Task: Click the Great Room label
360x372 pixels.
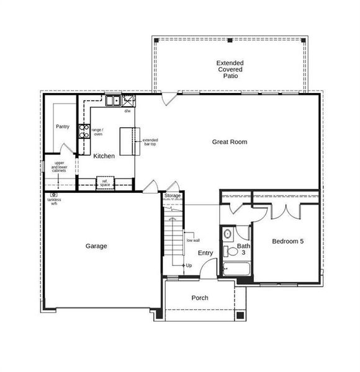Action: click(x=229, y=142)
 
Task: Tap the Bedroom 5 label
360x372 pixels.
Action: click(x=288, y=241)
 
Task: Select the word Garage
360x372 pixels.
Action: click(x=96, y=246)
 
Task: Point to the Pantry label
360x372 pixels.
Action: click(x=63, y=126)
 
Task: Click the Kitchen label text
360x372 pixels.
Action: click(x=104, y=156)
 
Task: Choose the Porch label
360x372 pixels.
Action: click(x=200, y=298)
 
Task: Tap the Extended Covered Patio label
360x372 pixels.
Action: click(x=230, y=69)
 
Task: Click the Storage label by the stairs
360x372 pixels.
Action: click(x=173, y=196)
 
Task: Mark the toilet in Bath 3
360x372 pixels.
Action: click(x=227, y=234)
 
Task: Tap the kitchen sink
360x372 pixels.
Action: click(x=112, y=100)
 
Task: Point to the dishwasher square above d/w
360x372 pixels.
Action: click(x=128, y=100)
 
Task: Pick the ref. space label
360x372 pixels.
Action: click(x=105, y=183)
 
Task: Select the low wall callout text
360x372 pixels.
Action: click(x=192, y=240)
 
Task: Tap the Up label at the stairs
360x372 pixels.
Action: click(x=189, y=265)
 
